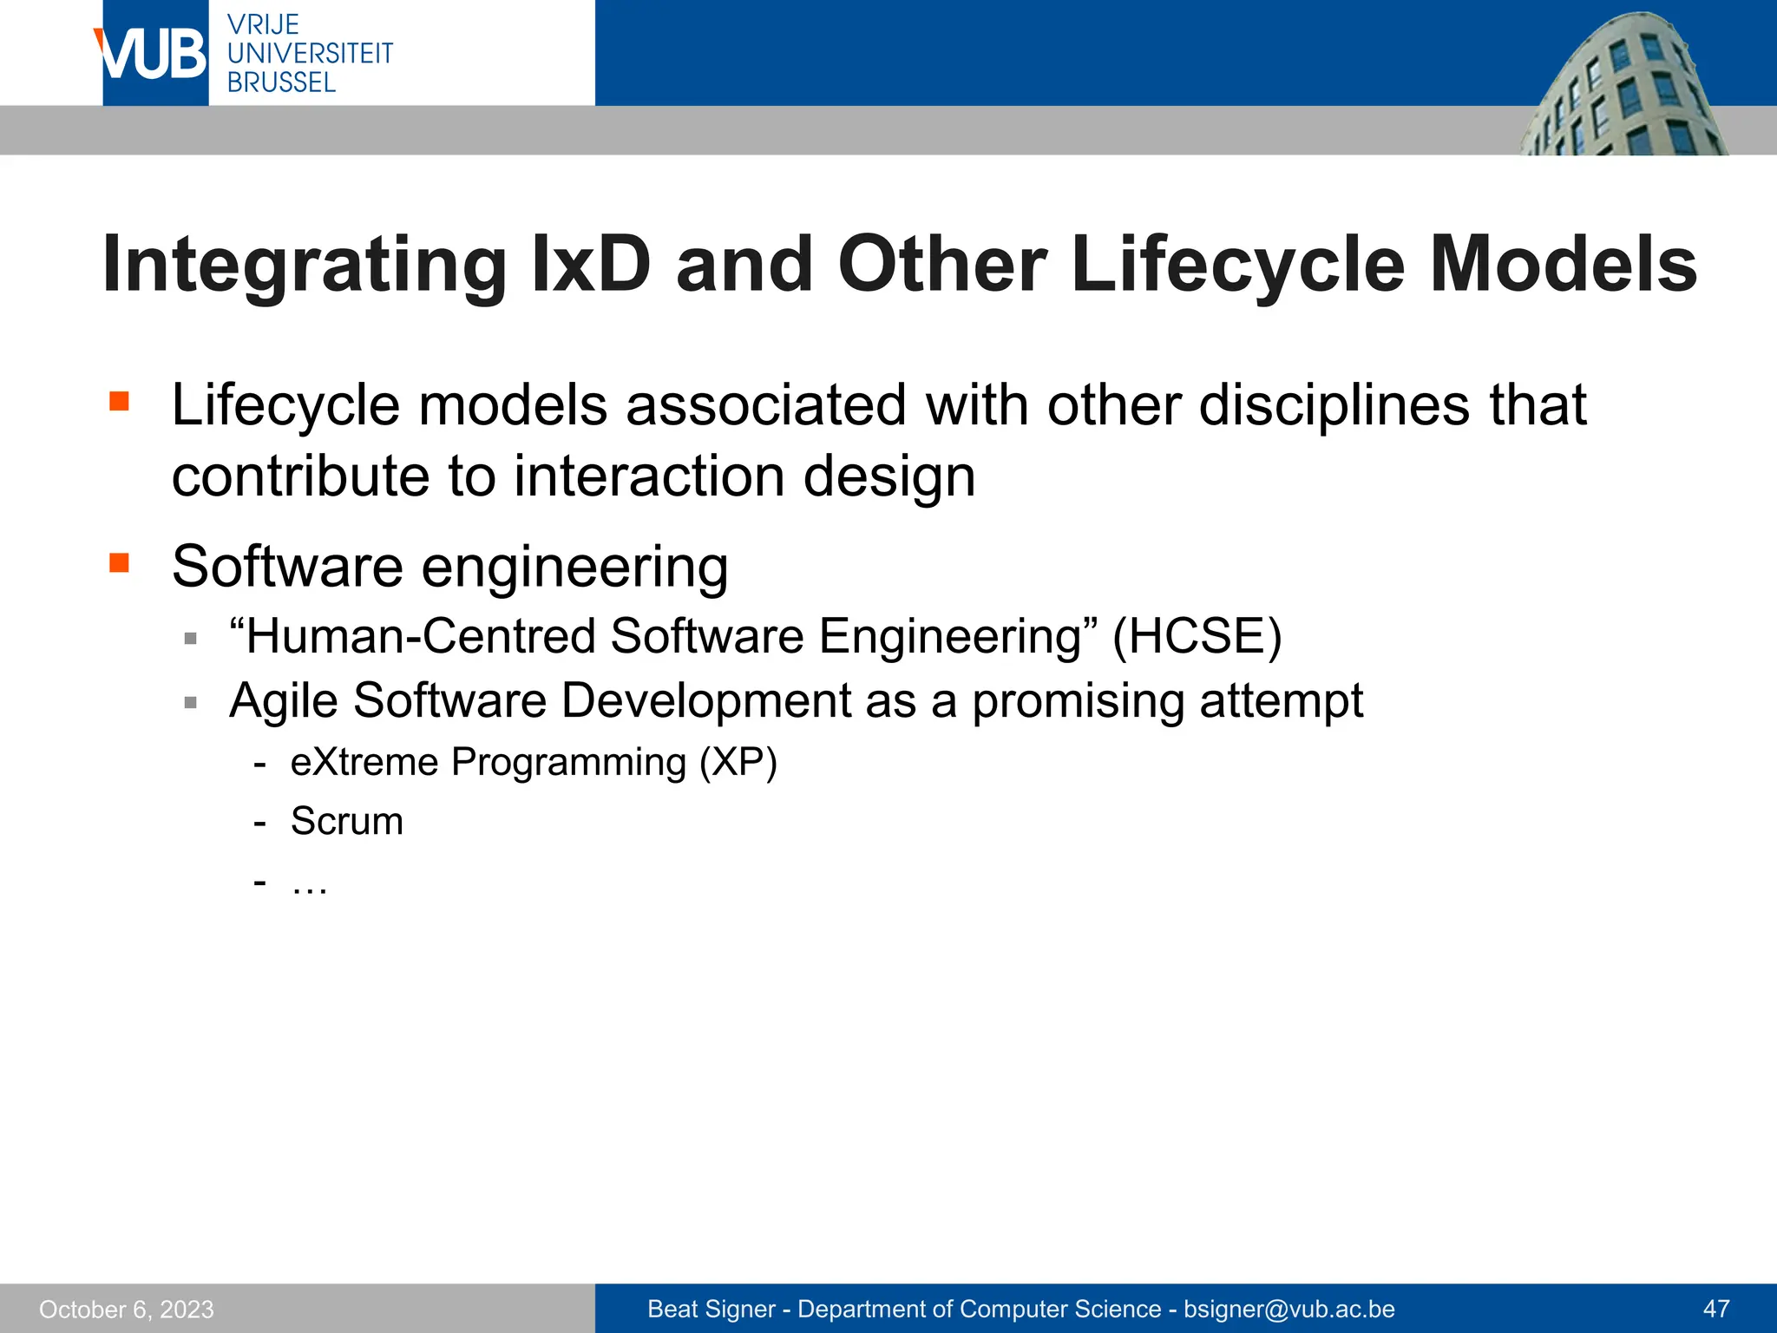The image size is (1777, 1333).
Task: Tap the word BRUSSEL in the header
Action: [x=281, y=83]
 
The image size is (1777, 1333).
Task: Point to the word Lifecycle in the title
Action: [x=1237, y=265]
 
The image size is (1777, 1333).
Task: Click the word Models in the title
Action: [x=1563, y=265]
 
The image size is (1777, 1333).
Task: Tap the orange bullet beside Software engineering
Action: [x=119, y=563]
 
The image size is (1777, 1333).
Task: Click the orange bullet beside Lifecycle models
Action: [x=119, y=401]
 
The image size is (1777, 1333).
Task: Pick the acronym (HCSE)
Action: [x=1197, y=636]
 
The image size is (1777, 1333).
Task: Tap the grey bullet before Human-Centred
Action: [x=191, y=639]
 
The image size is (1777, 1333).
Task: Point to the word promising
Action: [x=1078, y=700]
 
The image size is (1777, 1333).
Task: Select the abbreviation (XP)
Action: [x=738, y=762]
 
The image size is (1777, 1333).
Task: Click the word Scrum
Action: [x=347, y=821]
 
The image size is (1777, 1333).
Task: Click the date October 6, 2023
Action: [x=127, y=1309]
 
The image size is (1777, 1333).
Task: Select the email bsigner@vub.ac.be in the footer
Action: [x=1288, y=1309]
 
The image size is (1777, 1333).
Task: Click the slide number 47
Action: [x=1716, y=1309]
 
